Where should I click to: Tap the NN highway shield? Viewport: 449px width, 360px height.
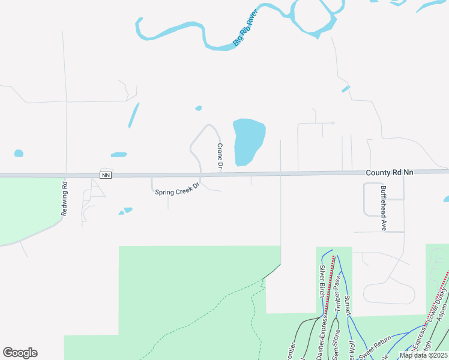[x=106, y=175]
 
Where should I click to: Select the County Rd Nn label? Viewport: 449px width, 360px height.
[x=390, y=172]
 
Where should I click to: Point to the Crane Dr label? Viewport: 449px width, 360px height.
[x=220, y=155]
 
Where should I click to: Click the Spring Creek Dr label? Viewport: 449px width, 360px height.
[x=176, y=192]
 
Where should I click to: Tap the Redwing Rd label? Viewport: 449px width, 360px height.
[x=63, y=197]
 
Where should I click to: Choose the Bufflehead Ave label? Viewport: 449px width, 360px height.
[x=383, y=208]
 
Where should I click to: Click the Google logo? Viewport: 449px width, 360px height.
[x=20, y=353]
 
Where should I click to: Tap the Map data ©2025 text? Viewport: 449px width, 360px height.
[x=423, y=355]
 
